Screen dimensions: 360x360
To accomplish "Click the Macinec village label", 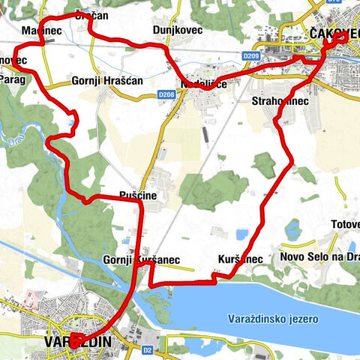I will pos(40,29).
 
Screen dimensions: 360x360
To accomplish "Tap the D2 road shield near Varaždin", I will pos(148,349).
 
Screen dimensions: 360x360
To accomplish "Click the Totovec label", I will pos(346,224).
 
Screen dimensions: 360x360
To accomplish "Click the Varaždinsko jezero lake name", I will pos(274,319).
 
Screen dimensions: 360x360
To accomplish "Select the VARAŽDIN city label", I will pos(73,342).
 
